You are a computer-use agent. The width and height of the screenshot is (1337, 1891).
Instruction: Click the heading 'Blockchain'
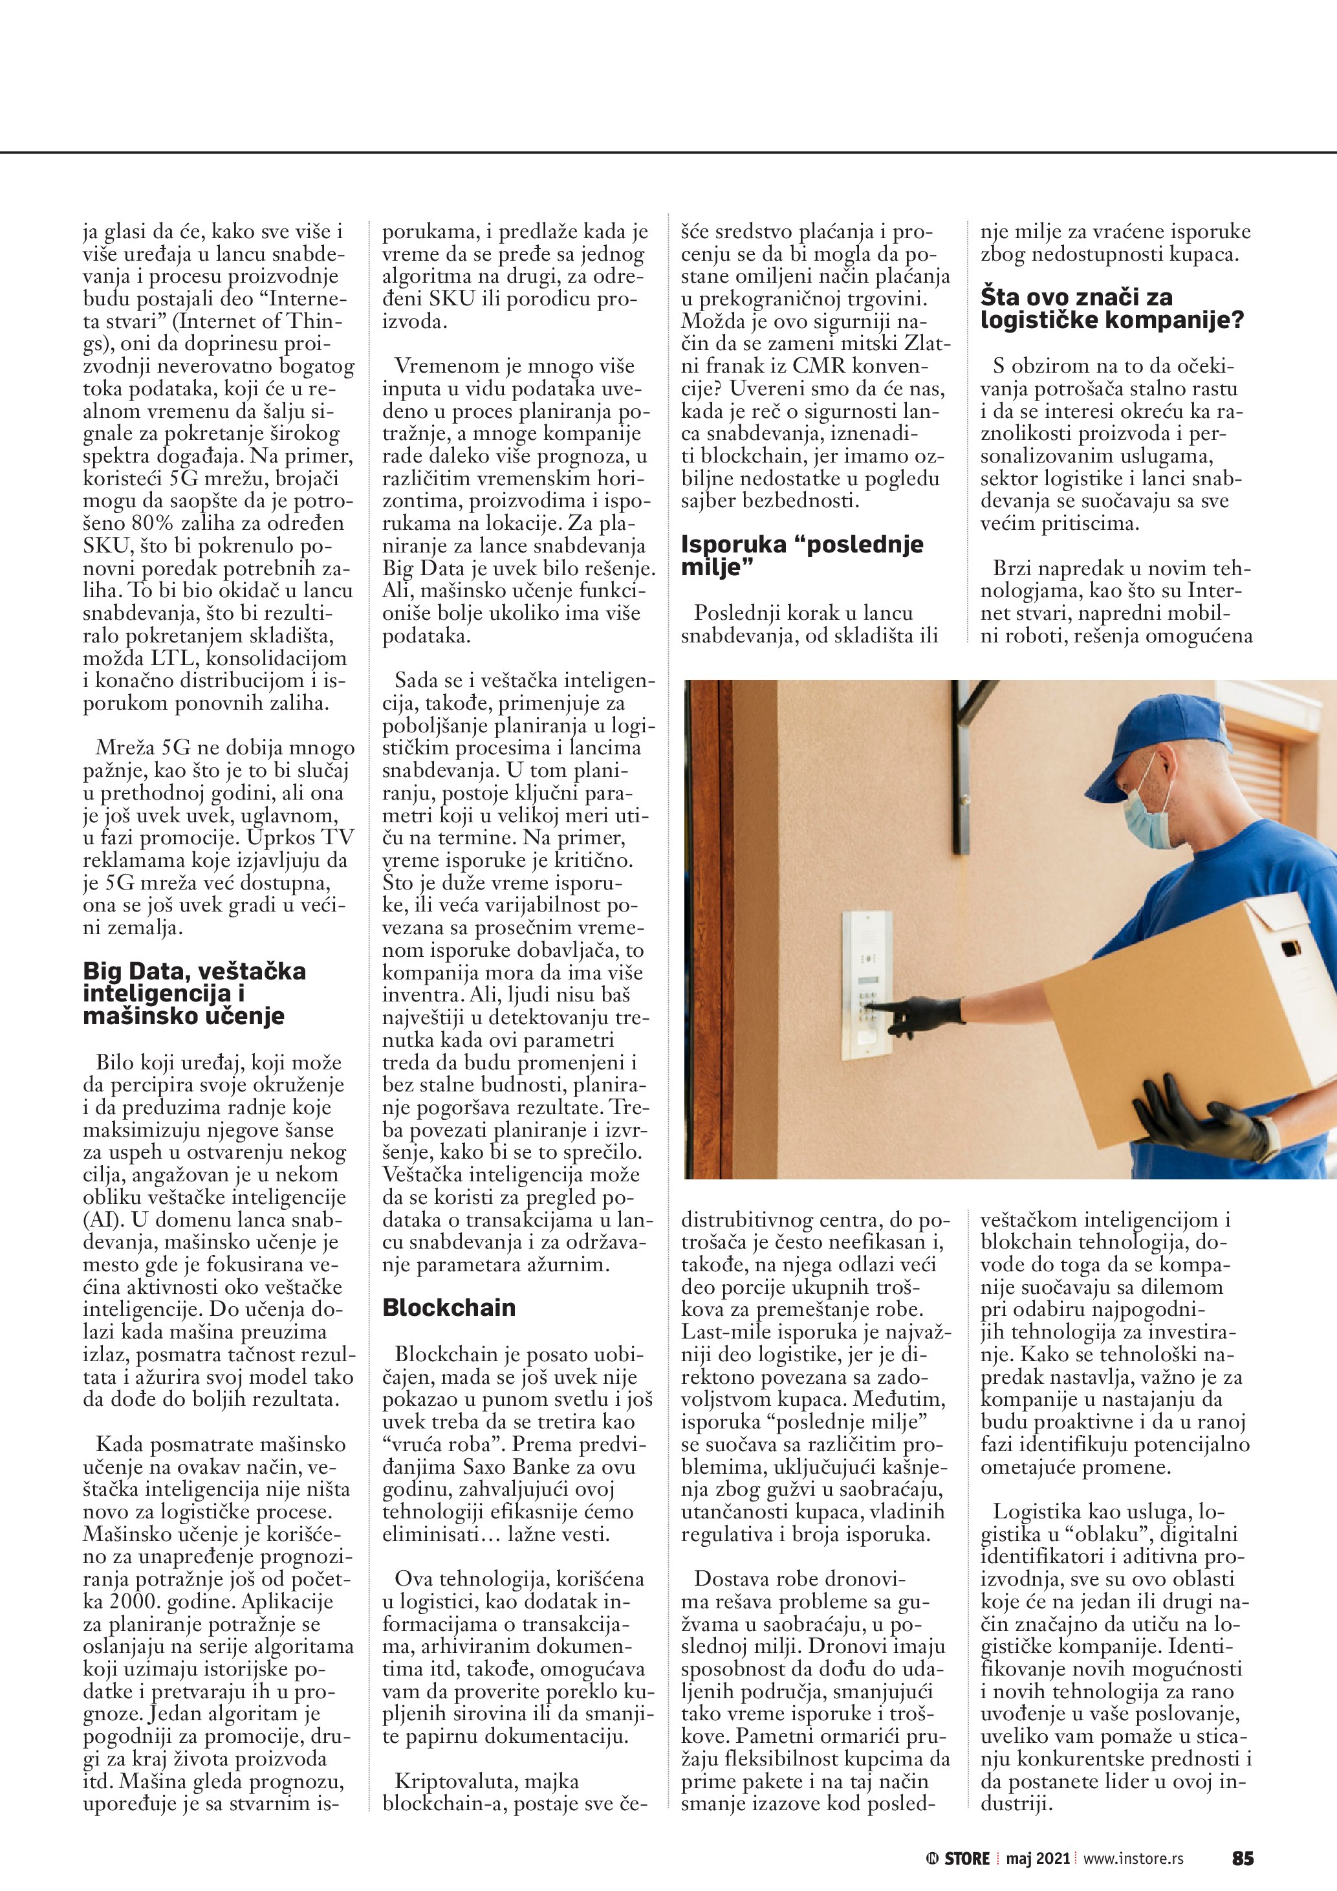[449, 1308]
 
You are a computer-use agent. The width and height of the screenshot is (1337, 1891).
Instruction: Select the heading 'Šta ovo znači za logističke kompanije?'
[1111, 308]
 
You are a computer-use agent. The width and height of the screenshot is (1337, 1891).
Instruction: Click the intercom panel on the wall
[866, 983]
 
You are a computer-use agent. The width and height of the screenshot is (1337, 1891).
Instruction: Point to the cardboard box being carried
[1186, 1013]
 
